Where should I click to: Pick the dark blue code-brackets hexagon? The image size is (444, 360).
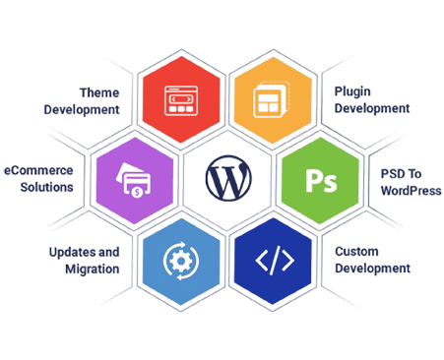coord(273,262)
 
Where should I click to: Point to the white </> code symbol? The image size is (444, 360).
coord(273,262)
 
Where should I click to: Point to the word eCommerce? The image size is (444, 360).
coord(40,171)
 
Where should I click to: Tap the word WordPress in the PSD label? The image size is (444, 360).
coord(411,188)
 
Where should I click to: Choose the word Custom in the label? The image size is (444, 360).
coord(354,252)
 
